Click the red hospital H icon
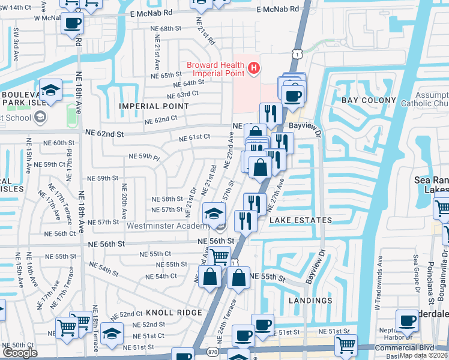253,68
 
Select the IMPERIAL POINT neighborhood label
154,106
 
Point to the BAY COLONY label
369,100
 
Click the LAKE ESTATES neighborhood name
300,220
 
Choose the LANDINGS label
310,300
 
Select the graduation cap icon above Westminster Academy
214,213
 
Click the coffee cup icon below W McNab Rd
73,24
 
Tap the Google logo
20,353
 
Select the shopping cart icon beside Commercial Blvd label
346,345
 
